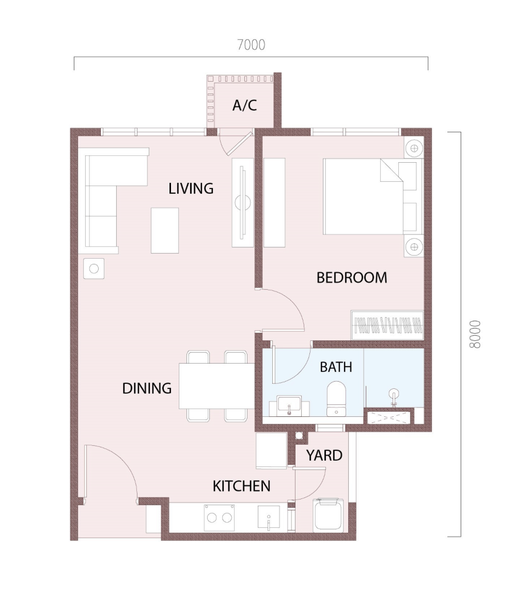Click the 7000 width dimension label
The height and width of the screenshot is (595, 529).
(251, 45)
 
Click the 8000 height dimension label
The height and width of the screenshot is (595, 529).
(475, 334)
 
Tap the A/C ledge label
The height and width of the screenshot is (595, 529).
(244, 105)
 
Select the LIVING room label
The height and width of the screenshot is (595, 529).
(191, 188)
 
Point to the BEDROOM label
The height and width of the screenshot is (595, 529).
(352, 278)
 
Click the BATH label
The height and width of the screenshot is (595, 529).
(336, 367)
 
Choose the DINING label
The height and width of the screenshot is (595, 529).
(147, 388)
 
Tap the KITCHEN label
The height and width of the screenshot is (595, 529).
(241, 486)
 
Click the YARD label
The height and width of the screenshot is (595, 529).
(324, 455)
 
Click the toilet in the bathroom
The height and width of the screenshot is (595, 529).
(336, 398)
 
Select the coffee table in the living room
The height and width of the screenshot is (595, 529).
(165, 230)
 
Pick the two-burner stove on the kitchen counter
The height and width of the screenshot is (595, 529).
(220, 518)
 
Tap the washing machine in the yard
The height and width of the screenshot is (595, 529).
(329, 515)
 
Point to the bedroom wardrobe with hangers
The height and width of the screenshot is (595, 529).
(387, 325)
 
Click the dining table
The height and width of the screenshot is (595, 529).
(216, 386)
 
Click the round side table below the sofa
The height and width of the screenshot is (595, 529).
(94, 269)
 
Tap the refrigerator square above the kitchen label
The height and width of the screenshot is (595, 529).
(271, 451)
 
